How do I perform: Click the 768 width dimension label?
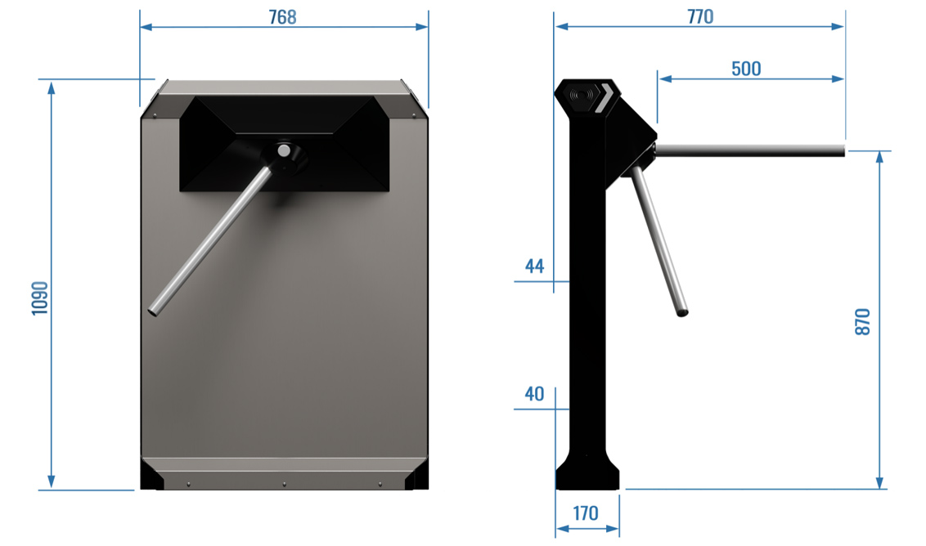tap(282, 17)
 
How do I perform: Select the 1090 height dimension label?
tap(39, 298)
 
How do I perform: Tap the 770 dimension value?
tap(700, 16)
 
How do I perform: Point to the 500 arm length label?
tap(746, 69)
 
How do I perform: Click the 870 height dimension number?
tap(863, 322)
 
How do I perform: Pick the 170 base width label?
tap(585, 513)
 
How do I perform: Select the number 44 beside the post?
tap(534, 266)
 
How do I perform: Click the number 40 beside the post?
tap(534, 394)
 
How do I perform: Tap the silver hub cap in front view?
tap(284, 150)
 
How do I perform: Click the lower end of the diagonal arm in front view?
tap(153, 311)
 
